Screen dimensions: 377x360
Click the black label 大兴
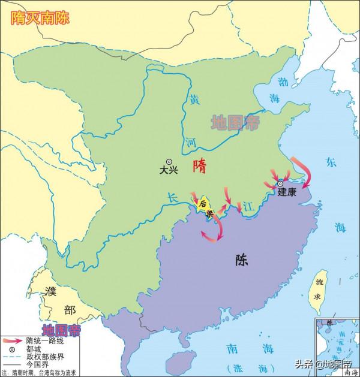[170, 170]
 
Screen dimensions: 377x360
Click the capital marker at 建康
[280, 183]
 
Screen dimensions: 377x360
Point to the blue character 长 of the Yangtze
[172, 196]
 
